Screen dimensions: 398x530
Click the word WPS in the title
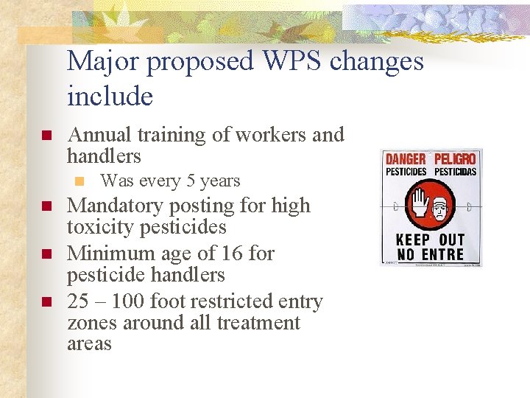pos(289,62)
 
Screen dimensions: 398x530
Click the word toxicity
pos(101,227)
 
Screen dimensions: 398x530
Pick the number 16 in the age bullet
pos(235,254)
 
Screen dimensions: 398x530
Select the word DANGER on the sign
pos(406,159)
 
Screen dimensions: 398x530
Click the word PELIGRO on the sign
pos(455,159)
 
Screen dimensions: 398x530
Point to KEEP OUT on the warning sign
pos(431,240)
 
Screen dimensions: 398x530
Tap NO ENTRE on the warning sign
pos(431,254)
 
